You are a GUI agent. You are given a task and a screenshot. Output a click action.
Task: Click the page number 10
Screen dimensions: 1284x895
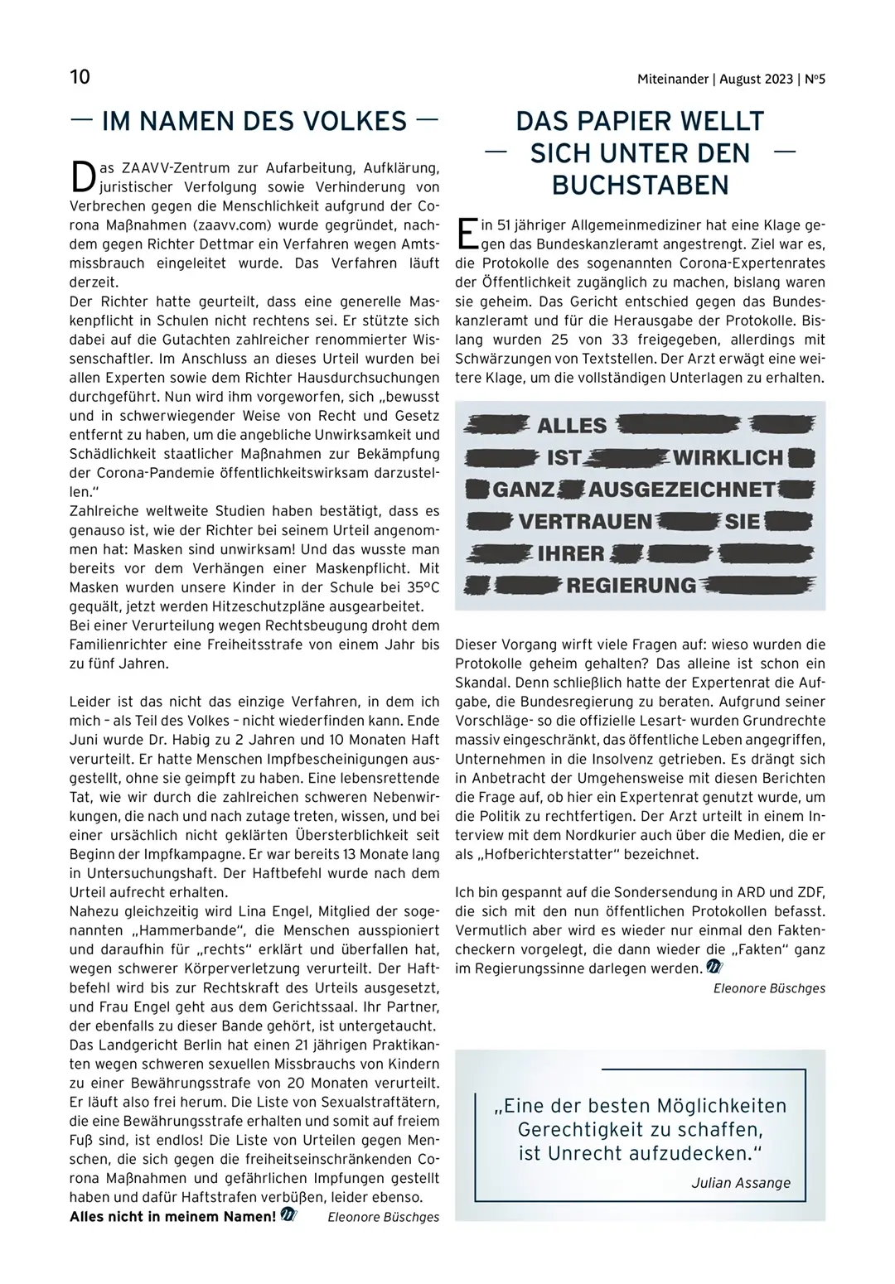click(x=80, y=78)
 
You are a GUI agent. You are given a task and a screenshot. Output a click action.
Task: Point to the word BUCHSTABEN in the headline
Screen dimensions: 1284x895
click(x=640, y=185)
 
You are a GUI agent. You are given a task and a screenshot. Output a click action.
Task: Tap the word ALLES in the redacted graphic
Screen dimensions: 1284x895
click(x=573, y=427)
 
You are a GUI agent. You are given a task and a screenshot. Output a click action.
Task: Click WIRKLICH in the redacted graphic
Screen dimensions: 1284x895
click(x=728, y=458)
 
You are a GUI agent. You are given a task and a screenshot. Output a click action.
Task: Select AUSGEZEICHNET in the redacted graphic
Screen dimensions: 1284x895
click(x=682, y=490)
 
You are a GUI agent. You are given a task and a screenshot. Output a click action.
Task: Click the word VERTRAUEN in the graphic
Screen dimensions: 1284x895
click(x=586, y=522)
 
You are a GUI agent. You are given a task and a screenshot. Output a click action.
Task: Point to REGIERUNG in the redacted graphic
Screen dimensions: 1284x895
click(x=631, y=586)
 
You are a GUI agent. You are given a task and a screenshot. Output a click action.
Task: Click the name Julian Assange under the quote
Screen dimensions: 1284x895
click(x=741, y=1182)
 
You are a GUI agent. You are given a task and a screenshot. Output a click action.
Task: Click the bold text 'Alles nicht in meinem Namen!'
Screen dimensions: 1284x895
click(x=172, y=1216)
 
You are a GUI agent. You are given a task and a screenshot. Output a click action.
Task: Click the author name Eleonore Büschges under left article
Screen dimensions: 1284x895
click(x=384, y=1216)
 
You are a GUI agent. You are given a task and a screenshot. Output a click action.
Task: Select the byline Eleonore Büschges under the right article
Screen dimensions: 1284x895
click(x=769, y=987)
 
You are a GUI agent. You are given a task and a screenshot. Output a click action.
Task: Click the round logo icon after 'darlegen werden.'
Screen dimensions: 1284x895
click(x=714, y=967)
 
